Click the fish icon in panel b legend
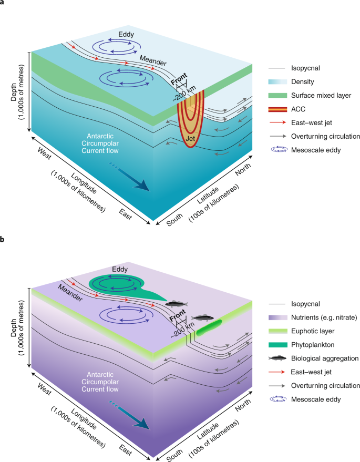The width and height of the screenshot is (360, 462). pyautogui.click(x=278, y=359)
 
